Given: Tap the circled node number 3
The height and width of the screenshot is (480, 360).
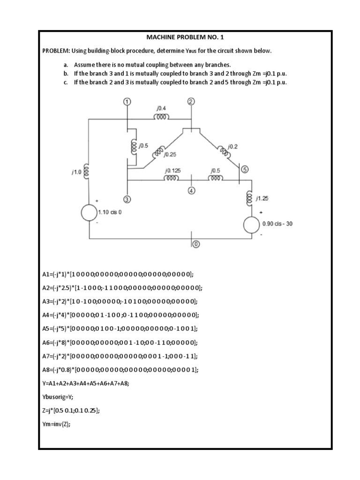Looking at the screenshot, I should [x=127, y=199].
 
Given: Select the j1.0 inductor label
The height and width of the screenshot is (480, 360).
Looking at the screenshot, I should [x=76, y=172].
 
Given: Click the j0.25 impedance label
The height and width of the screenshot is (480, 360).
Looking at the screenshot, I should [x=170, y=154].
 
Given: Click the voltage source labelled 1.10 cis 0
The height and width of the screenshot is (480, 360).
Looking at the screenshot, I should [x=88, y=213].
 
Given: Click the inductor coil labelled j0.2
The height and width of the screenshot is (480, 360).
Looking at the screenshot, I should [x=223, y=152].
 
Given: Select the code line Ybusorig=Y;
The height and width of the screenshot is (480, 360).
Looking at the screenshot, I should [x=58, y=397].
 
